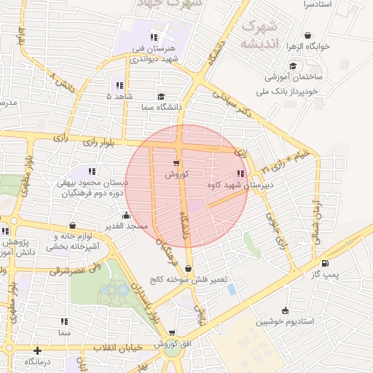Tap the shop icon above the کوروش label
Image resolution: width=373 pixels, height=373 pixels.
click(x=176, y=163)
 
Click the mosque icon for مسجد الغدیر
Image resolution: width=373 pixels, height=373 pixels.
click(x=127, y=215)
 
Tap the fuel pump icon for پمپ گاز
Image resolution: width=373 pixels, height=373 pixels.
click(x=324, y=264)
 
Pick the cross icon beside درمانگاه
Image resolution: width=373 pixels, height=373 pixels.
click(x=37, y=350)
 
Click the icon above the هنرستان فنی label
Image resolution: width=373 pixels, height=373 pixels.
click(x=153, y=37)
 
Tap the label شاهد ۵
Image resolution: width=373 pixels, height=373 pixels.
click(x=119, y=96)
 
